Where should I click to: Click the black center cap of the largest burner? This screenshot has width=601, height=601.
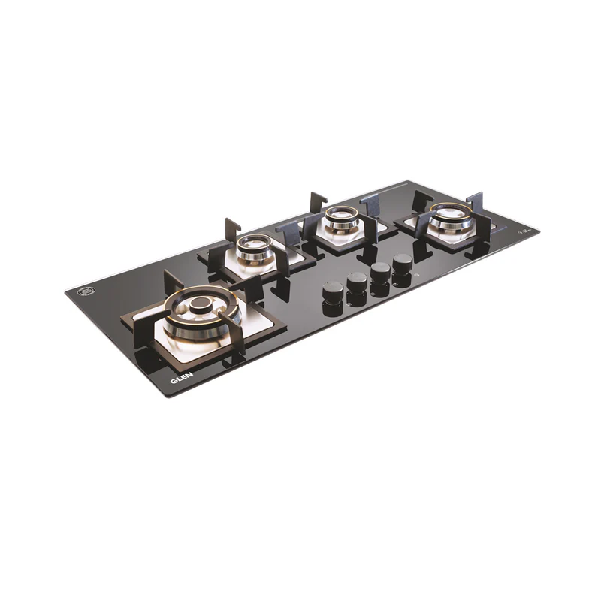201,304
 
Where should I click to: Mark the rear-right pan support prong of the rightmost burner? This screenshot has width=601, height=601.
475,200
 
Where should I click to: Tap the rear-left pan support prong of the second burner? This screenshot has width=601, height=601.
231,227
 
